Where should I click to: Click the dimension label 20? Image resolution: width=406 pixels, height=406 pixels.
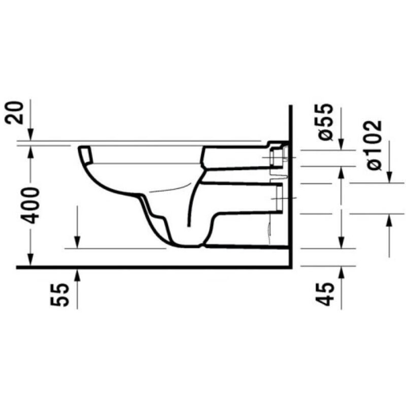pos(17,113)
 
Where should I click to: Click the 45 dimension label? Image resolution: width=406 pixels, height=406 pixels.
pos(327,293)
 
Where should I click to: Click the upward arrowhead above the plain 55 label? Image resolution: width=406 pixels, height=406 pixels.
pos(78,273)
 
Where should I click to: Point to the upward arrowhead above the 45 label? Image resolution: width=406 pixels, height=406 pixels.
pos(342,272)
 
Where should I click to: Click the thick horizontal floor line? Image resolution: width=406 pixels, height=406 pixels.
pos(152,267)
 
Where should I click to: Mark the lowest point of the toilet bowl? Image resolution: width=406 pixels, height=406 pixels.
pos(188,246)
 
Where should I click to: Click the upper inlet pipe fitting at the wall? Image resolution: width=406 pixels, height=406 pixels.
pos(278,155)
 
